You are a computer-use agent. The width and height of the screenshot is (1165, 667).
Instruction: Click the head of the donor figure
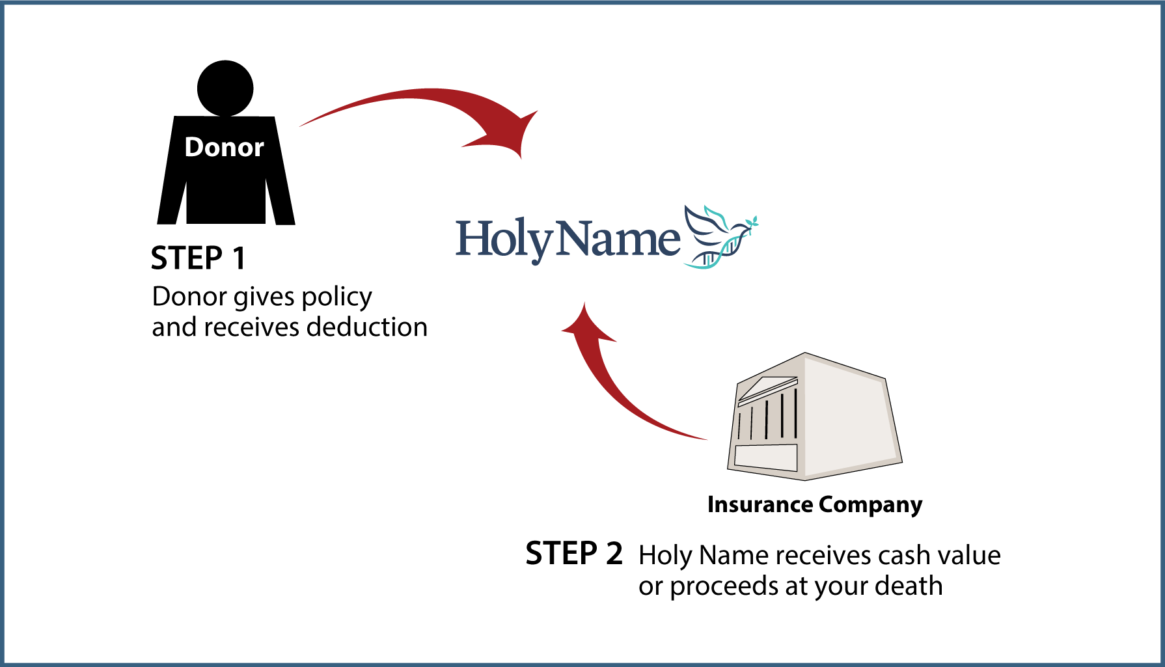tap(225, 88)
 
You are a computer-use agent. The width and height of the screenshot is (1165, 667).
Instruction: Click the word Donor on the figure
tap(224, 147)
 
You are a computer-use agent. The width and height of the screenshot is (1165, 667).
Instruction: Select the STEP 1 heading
tap(199, 258)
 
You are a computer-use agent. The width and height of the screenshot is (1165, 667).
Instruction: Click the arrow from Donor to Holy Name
tap(423, 98)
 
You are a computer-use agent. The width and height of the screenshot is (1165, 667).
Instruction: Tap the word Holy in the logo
tap(504, 240)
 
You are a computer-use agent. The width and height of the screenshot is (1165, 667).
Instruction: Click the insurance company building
tap(814, 416)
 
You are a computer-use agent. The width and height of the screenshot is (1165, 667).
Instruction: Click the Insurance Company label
tap(815, 505)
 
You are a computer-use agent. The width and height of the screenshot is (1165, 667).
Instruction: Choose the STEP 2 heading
tap(574, 554)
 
